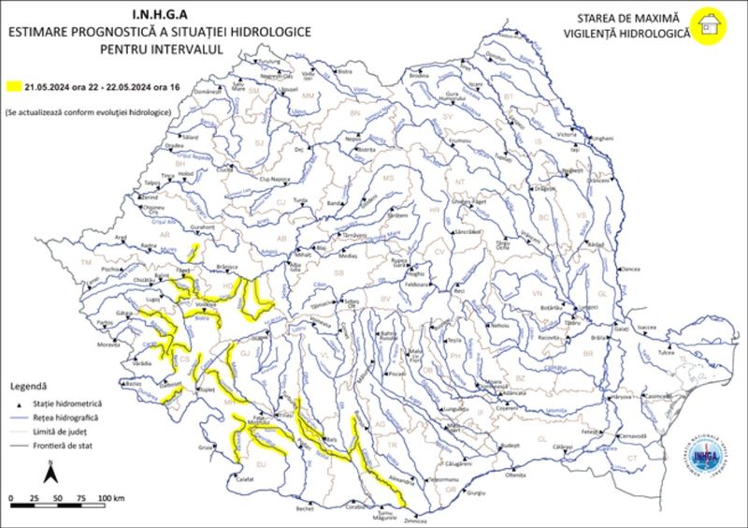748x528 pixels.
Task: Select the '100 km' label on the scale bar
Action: click(111, 497)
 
